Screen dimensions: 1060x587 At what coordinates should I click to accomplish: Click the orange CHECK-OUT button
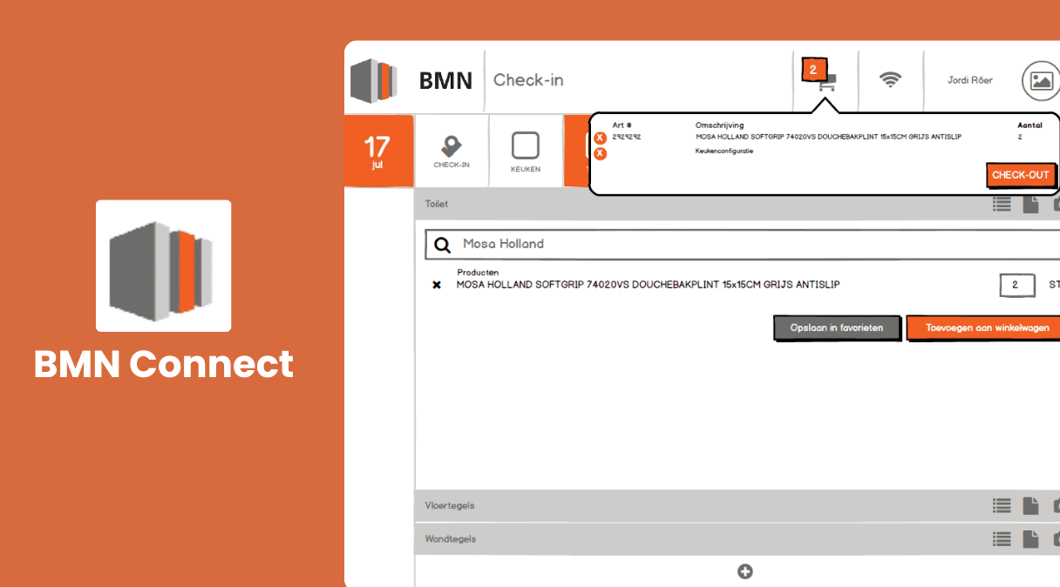pos(1021,175)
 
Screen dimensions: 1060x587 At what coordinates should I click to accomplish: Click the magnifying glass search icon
pos(443,245)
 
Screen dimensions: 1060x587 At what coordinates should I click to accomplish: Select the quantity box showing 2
pos(1017,285)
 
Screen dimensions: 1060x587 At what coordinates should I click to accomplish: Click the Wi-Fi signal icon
pos(890,79)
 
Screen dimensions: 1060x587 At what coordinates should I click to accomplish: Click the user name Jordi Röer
pos(969,80)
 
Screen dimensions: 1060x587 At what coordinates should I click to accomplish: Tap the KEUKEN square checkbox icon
pos(526,145)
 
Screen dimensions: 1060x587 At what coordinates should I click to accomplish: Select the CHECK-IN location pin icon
pos(451,146)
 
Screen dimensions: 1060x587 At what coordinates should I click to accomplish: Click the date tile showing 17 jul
pos(378,151)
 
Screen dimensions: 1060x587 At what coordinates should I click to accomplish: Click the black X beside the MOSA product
pos(437,285)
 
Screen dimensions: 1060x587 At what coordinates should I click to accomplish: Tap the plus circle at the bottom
pos(744,571)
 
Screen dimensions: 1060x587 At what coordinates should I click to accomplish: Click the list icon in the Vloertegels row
pos(1002,506)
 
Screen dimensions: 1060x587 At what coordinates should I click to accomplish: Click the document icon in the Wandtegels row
pos(1030,539)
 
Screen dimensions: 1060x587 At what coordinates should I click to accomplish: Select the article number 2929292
pos(627,137)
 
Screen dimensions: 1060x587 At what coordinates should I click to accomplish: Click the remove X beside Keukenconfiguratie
pos(600,153)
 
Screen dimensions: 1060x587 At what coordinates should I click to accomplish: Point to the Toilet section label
pos(437,204)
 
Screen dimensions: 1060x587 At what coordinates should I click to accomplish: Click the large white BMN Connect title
pos(164,364)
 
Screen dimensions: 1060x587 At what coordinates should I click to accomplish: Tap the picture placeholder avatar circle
pos(1041,81)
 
